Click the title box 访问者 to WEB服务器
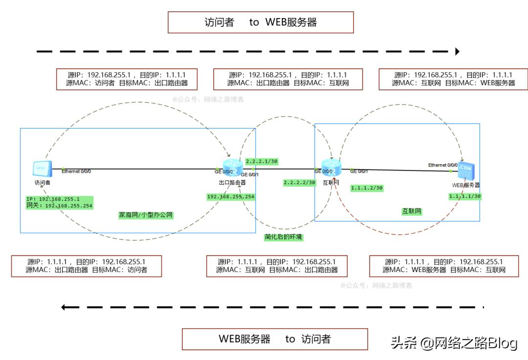point(261,22)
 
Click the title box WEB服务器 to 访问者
point(274,339)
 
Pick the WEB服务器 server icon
point(466,171)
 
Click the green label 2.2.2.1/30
point(262,161)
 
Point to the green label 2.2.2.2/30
point(299,182)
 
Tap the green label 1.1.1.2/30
point(367,188)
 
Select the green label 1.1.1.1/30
point(464,196)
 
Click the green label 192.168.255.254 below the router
point(230,196)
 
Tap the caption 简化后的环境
point(284,237)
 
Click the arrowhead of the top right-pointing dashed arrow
point(458,51)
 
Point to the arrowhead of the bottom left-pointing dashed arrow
point(64,307)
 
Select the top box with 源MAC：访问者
point(127,79)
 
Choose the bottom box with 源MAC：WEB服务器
point(443,265)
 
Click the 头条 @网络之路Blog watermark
point(454,343)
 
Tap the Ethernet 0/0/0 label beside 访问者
point(76,171)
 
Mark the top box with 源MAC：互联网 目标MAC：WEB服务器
point(453,79)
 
